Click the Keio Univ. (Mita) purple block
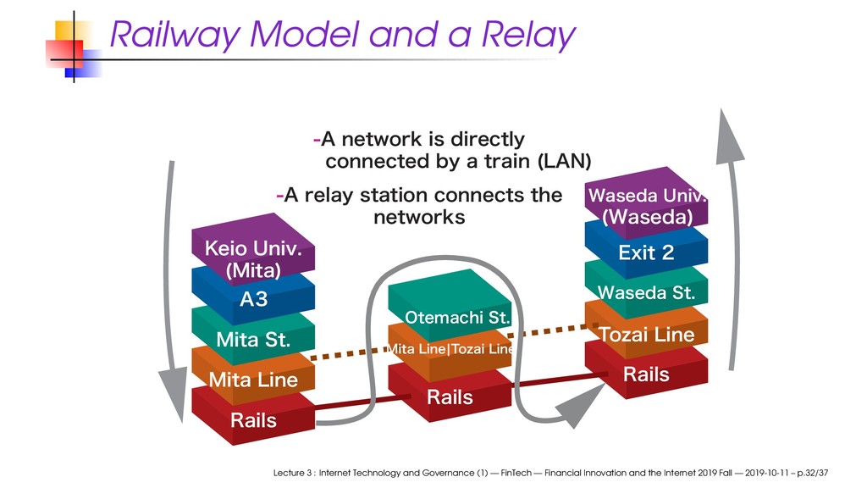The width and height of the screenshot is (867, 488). point(253,250)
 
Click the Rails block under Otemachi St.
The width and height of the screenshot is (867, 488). point(450,394)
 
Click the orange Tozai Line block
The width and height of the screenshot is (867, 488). point(646,332)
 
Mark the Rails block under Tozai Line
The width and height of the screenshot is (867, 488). point(646,372)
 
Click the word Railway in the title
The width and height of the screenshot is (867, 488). point(174,35)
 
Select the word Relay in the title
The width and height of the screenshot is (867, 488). point(528,35)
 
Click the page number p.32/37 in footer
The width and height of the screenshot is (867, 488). point(812,473)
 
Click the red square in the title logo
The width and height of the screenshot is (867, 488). point(64,53)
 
